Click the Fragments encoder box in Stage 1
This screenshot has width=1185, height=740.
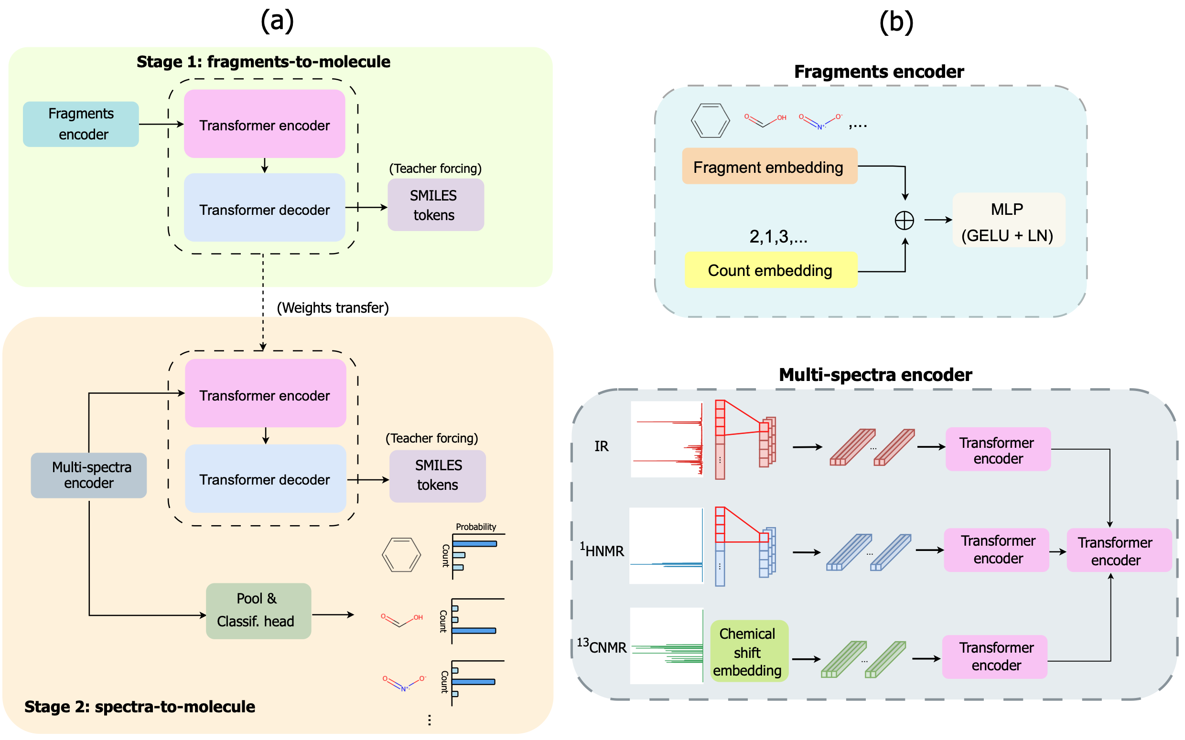(x=81, y=124)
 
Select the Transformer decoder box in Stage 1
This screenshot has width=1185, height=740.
(x=264, y=208)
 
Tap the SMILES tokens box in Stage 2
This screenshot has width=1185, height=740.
(x=438, y=476)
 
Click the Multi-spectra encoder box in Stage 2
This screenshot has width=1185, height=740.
(x=88, y=475)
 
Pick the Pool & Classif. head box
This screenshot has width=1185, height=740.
(x=259, y=611)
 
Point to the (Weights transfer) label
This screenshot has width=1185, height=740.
(x=333, y=307)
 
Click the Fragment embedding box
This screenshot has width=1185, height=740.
(x=770, y=167)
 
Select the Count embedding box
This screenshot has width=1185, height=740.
(x=771, y=270)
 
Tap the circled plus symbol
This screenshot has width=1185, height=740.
(x=905, y=220)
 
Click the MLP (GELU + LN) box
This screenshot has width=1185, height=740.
(x=1009, y=220)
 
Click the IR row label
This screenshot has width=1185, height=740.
(x=601, y=446)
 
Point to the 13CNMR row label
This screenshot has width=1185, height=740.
(x=601, y=646)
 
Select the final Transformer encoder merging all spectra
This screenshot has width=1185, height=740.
(x=1119, y=550)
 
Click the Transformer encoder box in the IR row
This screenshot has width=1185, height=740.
(x=998, y=449)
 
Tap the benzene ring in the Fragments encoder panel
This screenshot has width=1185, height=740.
(x=710, y=120)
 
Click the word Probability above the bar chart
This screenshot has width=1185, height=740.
(x=475, y=527)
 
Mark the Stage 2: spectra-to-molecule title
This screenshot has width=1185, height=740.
(x=140, y=707)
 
